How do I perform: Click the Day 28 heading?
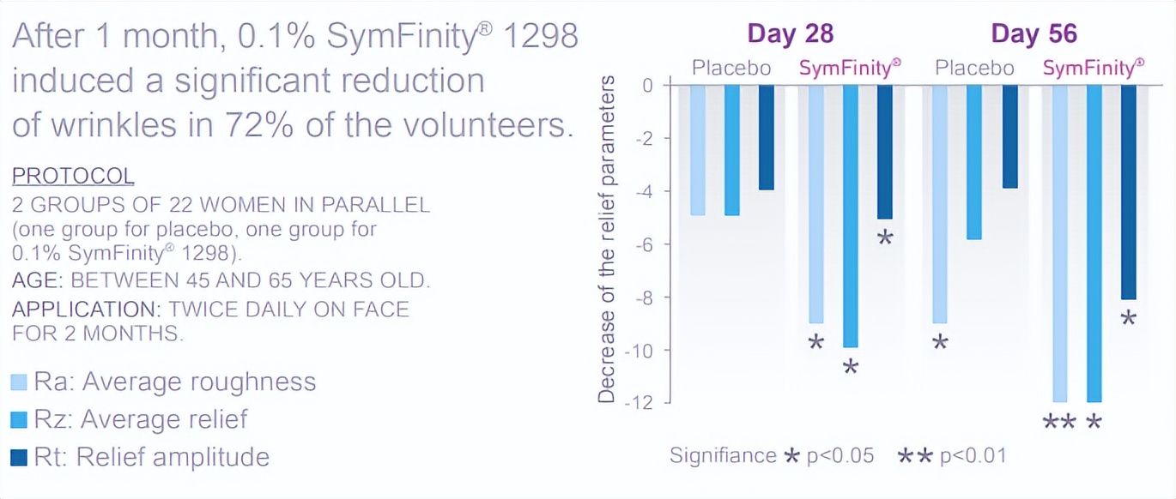(791, 33)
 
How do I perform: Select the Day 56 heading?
(1034, 33)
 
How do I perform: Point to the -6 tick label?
(646, 244)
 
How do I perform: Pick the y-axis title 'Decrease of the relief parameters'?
(606, 239)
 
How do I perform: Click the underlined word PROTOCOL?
(73, 177)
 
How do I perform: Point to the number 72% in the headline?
(369, 125)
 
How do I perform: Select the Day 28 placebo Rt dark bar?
(766, 137)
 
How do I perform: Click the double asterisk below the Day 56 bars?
(1059, 422)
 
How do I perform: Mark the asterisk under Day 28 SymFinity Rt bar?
(885, 237)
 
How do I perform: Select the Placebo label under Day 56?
(974, 68)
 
